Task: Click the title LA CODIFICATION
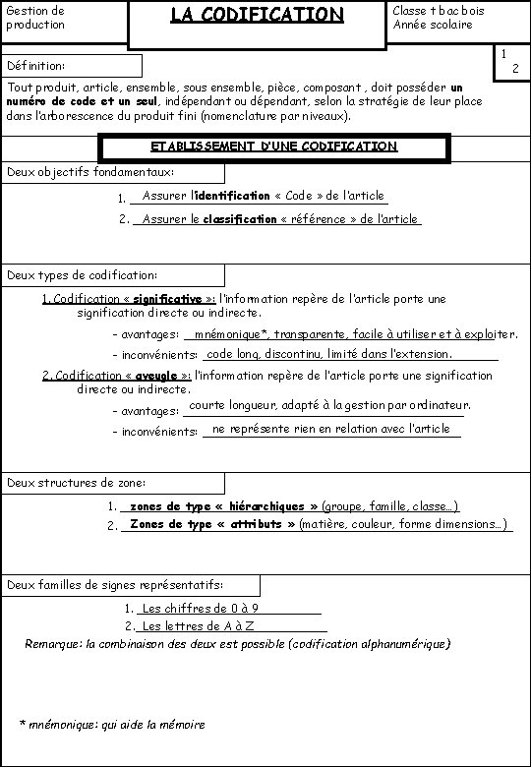256,15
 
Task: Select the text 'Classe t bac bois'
438,10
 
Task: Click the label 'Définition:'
36,66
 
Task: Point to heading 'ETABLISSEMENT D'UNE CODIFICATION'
274,147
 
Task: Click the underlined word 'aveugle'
151,376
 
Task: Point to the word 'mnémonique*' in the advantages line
232,334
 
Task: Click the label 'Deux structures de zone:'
77,483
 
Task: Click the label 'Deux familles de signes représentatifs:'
115,585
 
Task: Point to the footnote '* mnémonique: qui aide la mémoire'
112,725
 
